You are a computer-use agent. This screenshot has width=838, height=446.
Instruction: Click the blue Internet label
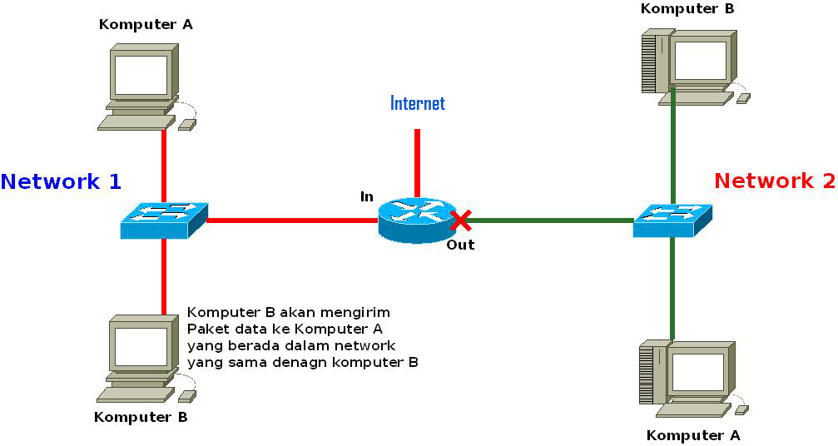tap(418, 103)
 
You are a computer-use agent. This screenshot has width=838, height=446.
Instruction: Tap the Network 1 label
tap(61, 181)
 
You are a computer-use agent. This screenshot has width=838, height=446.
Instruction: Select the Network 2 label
tap(774, 181)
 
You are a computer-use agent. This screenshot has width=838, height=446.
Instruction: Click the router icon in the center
tap(414, 220)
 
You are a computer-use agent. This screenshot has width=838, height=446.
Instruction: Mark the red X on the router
tap(460, 221)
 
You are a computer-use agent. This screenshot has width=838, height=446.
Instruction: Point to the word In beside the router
tap(366, 196)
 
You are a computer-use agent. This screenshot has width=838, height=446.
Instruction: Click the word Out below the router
tap(460, 245)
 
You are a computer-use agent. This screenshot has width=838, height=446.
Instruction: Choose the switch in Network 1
tap(163, 220)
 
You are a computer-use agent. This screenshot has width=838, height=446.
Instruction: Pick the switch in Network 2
tap(672, 220)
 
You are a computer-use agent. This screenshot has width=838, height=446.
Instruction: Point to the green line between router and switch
tap(549, 221)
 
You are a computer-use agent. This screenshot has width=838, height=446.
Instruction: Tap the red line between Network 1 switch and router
tap(291, 221)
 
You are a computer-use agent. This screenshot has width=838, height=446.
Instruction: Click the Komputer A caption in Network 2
tap(692, 435)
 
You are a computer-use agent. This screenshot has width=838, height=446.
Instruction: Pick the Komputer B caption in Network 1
tap(141, 417)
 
